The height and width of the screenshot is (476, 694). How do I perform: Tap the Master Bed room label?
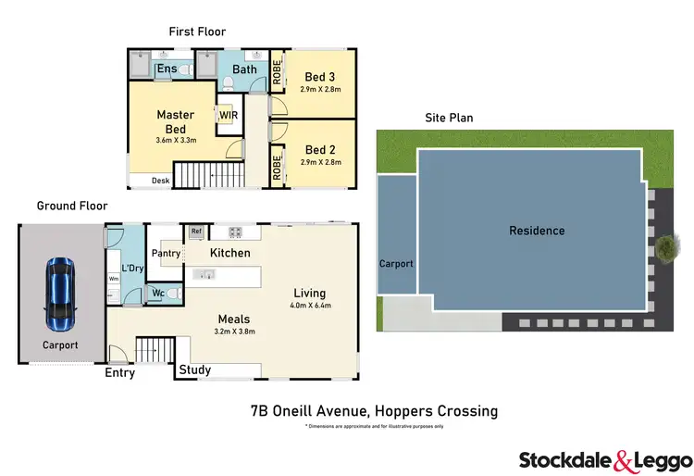(175, 122)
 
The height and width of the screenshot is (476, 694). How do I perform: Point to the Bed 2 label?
(319, 149)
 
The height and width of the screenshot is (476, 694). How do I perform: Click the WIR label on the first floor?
(226, 116)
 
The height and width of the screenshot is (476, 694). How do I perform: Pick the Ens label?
(167, 69)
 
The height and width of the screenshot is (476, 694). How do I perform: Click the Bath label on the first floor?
(245, 69)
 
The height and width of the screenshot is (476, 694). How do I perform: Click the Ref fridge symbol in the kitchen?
(196, 232)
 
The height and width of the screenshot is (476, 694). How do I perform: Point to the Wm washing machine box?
(114, 278)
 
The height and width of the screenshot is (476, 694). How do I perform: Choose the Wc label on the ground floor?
(157, 294)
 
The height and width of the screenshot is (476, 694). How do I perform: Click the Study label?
(194, 370)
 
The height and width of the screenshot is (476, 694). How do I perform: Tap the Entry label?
(119, 373)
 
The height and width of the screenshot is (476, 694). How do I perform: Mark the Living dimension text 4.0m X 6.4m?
(311, 305)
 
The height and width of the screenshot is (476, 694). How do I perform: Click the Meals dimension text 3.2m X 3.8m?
(234, 331)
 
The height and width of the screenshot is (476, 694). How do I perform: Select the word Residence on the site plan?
(537, 231)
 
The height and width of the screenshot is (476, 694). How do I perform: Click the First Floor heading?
(196, 31)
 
